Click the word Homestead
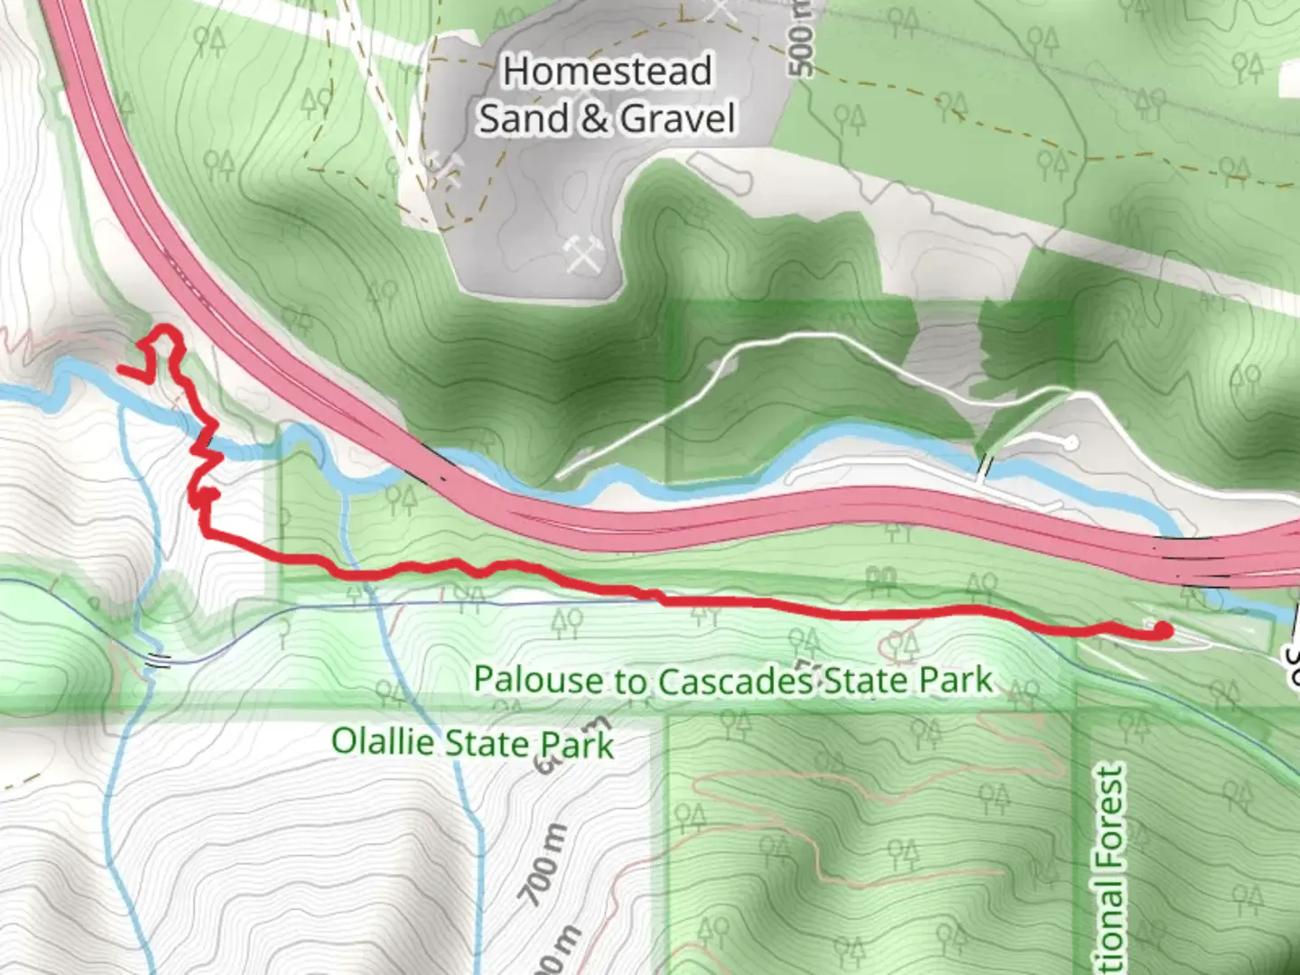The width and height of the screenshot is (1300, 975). coord(607,71)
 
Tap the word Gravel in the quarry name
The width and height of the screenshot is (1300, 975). coord(678,118)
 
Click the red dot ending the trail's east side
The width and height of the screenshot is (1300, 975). coord(1163,631)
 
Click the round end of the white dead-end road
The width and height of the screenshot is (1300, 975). coord(1070,442)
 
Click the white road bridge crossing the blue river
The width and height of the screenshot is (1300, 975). coord(986,467)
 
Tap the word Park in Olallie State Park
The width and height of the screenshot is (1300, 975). coord(577,745)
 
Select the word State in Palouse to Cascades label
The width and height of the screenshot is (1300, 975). coord(866,679)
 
